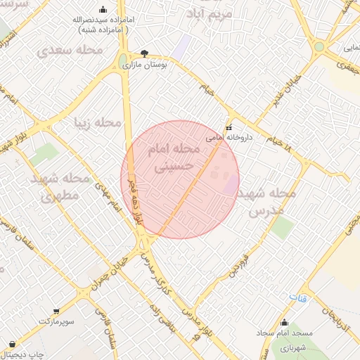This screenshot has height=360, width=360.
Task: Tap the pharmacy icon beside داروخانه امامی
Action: [x=228, y=128]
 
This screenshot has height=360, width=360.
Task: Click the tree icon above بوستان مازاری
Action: [x=144, y=53]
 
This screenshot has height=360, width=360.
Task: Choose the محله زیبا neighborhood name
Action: [x=98, y=123]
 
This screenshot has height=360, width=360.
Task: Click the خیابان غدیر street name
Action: [x=274, y=106]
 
